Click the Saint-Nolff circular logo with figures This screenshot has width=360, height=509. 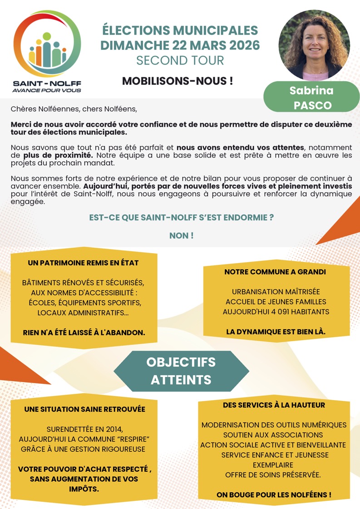pos(47,44)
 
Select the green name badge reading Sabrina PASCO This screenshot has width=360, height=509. pos(311,97)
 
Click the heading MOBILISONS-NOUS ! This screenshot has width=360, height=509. pos(178,81)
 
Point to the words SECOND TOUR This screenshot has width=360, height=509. pos(180,60)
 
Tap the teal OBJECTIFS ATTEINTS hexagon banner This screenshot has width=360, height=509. pos(181,370)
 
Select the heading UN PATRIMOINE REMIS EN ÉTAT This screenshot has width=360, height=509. pos(83,263)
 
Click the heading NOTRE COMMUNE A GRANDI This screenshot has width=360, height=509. pos(275,272)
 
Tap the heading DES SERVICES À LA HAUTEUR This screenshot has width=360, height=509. pos(274,405)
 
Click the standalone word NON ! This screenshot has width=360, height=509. pos(181,235)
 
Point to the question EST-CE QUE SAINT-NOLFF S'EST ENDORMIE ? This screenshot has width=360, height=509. pos(181,217)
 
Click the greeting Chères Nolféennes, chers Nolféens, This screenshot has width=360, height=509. pos(74,109)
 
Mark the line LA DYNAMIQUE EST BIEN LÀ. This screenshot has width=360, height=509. pos(276,332)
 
